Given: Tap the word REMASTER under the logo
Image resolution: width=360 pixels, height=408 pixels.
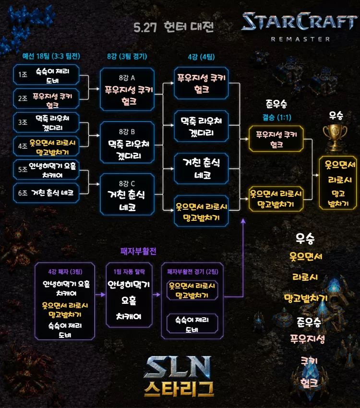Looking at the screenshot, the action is (x=300, y=39).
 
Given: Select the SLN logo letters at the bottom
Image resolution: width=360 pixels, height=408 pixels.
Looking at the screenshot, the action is (x=178, y=367).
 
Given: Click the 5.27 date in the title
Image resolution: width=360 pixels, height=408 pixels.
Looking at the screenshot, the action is (x=145, y=27).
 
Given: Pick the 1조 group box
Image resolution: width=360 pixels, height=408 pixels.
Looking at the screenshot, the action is (x=46, y=75).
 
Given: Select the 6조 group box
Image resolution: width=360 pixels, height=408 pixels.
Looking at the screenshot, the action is (x=46, y=193).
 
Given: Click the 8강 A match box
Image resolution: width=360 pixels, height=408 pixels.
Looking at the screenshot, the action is (x=127, y=89).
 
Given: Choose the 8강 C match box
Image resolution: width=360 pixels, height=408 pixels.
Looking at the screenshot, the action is (x=127, y=194).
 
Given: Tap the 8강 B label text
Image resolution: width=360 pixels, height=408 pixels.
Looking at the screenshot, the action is (x=127, y=132).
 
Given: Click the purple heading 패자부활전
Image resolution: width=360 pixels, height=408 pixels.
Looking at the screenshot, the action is (x=138, y=251).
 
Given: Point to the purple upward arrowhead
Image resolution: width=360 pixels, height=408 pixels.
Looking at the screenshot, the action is (x=243, y=221).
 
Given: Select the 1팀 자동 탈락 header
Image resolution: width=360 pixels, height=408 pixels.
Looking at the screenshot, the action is (x=129, y=272).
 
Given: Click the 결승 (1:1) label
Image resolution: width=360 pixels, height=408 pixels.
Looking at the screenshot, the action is (x=277, y=117).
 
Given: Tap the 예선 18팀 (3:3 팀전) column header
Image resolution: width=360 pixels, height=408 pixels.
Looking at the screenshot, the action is (x=51, y=56).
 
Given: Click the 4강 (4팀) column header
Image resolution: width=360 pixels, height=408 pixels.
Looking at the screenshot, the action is (x=201, y=57).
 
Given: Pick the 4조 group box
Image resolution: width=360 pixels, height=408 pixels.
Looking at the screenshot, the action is (x=46, y=146).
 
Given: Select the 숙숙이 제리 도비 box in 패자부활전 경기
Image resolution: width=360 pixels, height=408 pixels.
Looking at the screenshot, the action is (x=192, y=324).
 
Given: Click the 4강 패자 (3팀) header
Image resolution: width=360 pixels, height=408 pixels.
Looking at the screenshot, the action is (x=65, y=272).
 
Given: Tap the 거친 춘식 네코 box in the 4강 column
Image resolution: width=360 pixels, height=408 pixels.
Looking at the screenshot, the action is (x=201, y=168).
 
